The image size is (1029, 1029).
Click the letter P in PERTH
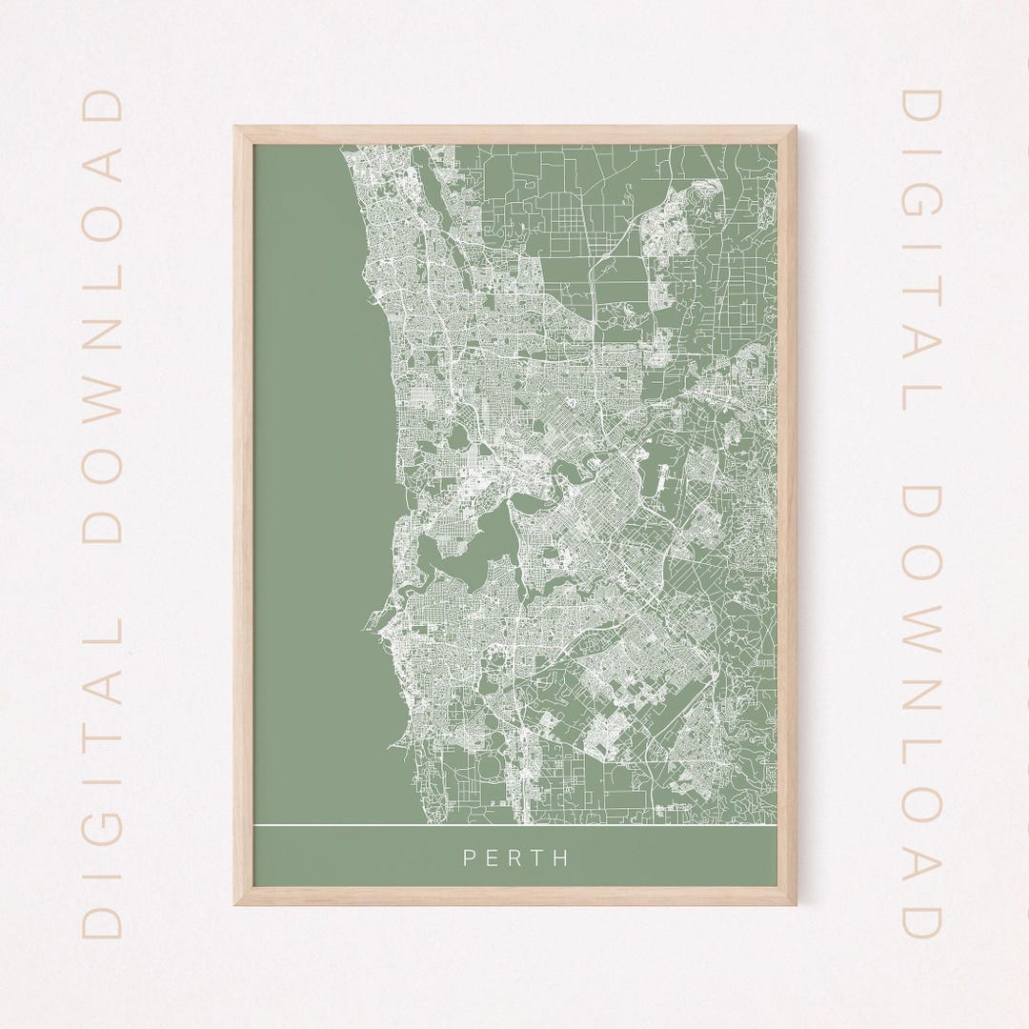469,857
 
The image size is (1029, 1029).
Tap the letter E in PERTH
491,857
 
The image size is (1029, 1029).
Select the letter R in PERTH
514,857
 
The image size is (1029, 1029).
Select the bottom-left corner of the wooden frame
237,901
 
